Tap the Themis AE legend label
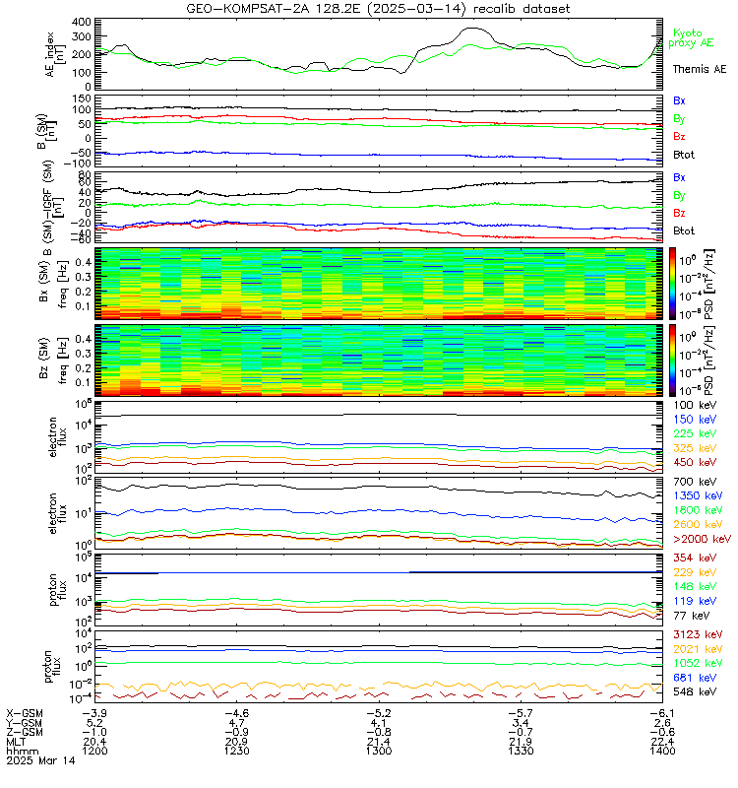[x=700, y=69]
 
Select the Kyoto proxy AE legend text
[x=700, y=38]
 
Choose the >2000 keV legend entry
[x=701, y=540]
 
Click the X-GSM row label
[x=26, y=712]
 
